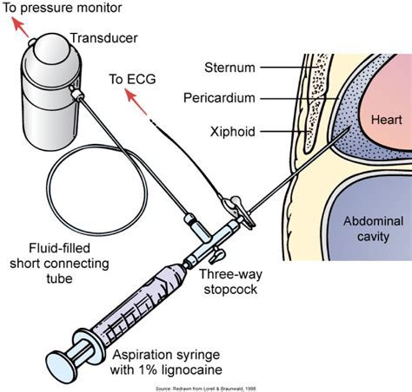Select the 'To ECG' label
coord(130,78)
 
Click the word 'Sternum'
coord(229,67)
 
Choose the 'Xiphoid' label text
coord(229,131)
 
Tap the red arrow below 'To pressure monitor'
coord(26,30)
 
